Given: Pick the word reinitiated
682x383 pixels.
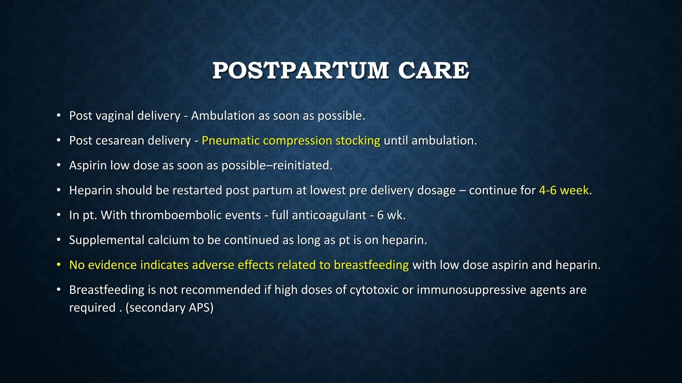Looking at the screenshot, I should [302, 166].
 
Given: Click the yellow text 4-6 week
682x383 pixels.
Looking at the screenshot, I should [564, 191].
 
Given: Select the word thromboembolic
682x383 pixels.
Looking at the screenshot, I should [195, 215].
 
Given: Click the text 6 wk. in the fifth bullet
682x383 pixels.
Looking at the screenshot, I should [391, 215].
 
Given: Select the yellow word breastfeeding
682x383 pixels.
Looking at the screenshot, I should [371, 265].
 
